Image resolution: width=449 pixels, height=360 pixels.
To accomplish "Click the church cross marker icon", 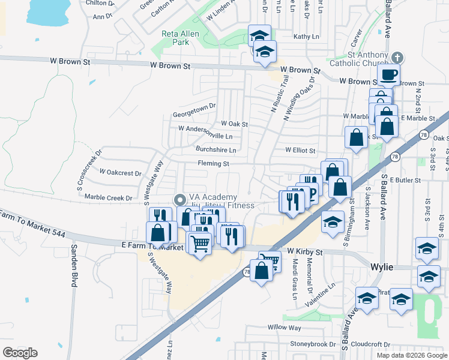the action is point(396,58).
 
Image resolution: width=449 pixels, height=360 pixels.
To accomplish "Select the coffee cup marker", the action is point(388,75).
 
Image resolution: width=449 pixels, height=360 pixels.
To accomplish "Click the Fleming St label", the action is point(214,163).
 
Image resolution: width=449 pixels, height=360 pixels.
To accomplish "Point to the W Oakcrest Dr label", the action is point(121,172).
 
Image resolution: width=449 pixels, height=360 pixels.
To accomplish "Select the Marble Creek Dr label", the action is point(108,197).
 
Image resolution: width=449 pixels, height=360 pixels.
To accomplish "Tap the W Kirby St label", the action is point(305,251).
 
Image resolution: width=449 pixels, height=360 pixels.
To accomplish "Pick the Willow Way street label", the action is point(285,328).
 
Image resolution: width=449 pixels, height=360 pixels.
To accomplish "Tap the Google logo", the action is point(20,353).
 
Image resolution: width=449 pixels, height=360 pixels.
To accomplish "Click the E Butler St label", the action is point(405,179).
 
